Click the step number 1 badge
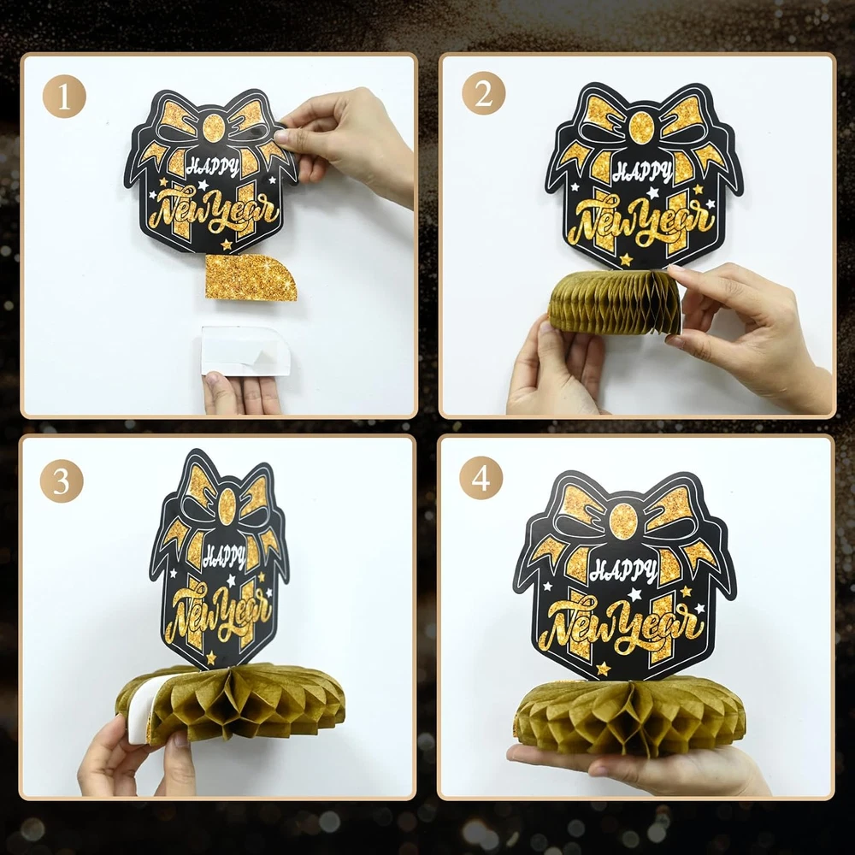64,97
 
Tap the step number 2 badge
484,93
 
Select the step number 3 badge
62,481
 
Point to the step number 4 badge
481,478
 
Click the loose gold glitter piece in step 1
250,277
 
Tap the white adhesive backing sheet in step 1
245,351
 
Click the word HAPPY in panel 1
213,168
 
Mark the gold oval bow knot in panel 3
227,504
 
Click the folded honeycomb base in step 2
615,302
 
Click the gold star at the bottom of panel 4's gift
603,668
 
